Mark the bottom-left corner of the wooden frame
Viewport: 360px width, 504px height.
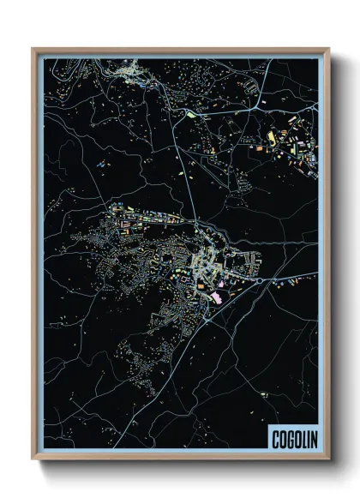[x=33, y=460]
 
